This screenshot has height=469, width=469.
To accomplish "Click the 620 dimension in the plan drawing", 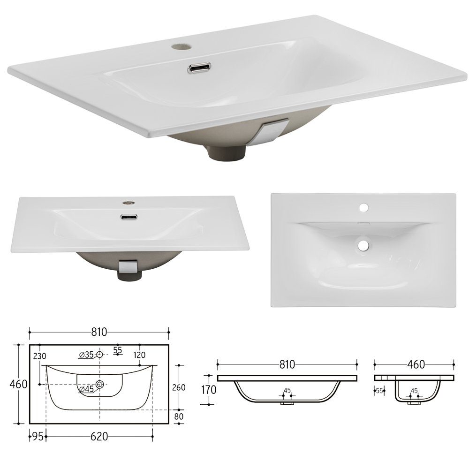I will pyautogui.click(x=99, y=436).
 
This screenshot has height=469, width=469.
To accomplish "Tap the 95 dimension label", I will pyautogui.click(x=38, y=436).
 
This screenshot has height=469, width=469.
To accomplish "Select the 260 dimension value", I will pyautogui.click(x=179, y=387).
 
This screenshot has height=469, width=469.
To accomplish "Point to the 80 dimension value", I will pyautogui.click(x=179, y=416).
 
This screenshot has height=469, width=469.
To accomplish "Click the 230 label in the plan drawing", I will pyautogui.click(x=40, y=356).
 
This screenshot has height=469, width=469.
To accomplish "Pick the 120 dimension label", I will pyautogui.click(x=139, y=355).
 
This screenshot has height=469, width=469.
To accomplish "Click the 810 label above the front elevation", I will pyautogui.click(x=287, y=364).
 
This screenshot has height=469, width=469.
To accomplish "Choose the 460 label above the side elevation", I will pyautogui.click(x=414, y=364).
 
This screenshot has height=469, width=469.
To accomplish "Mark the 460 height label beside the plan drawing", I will pyautogui.click(x=18, y=384).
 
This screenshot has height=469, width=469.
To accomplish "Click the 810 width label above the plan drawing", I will pyautogui.click(x=99, y=332).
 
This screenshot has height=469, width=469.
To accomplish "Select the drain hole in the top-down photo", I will pyautogui.click(x=363, y=244).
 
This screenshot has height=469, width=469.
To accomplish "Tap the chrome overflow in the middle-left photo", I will pyautogui.click(x=128, y=217).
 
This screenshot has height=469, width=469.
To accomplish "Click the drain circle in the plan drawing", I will pyautogui.click(x=99, y=385).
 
